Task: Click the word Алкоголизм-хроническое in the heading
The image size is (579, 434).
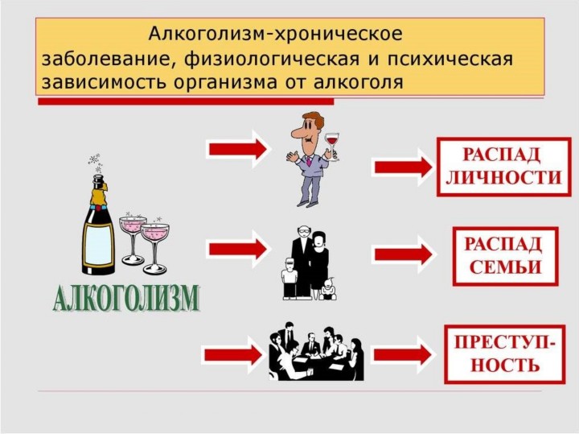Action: [275, 35]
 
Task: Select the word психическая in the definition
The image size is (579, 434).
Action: [450, 60]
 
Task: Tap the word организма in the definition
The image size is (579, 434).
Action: [224, 83]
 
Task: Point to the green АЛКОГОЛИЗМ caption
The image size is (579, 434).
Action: [125, 298]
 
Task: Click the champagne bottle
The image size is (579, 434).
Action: [98, 225]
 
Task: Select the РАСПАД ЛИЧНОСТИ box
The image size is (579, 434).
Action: [503, 167]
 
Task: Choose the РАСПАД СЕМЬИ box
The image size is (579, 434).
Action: [505, 256]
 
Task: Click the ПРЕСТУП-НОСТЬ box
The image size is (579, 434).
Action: [504, 354]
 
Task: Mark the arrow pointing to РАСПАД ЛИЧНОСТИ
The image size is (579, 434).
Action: [403, 167]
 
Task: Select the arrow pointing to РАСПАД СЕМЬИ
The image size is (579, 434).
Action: [403, 254]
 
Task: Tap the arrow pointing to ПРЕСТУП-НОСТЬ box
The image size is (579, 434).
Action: [403, 355]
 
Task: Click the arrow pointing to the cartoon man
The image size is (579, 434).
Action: [238, 149]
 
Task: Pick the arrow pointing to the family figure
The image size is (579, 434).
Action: [238, 249]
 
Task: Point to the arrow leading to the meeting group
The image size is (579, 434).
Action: [233, 355]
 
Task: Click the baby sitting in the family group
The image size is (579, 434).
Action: [328, 288]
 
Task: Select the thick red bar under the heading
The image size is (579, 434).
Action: [186, 101]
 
